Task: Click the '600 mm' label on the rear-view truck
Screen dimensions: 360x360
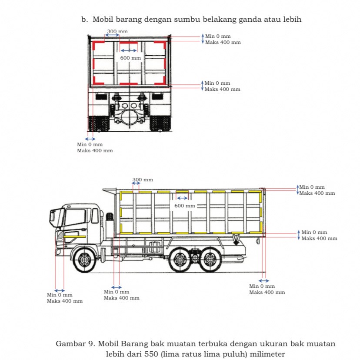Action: (130, 58)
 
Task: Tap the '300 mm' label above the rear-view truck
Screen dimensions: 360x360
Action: (117, 31)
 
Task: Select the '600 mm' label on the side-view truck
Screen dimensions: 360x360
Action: (185, 205)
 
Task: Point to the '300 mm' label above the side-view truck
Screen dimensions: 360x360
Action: (143, 180)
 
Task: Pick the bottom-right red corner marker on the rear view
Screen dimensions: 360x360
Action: (162, 81)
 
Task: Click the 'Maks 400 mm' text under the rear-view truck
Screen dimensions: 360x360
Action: (95, 150)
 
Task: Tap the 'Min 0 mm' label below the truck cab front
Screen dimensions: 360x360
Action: (60, 295)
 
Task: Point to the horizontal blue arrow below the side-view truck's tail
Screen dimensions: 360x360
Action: (264, 280)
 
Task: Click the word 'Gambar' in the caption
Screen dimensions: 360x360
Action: (70, 343)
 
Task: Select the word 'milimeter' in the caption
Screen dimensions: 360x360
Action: (265, 354)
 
